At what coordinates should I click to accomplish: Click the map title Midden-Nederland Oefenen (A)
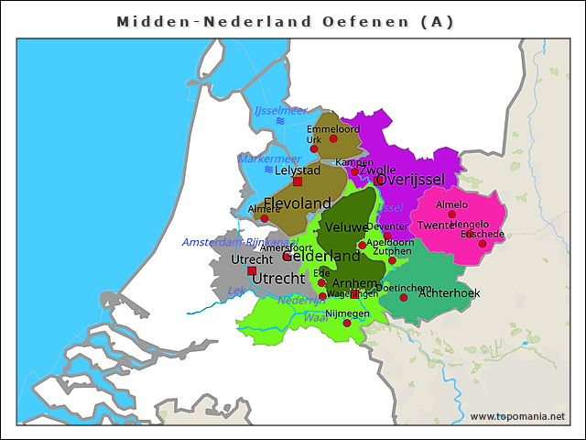286,21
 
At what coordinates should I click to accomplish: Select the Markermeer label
268,159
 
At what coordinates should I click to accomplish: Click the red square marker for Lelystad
298,181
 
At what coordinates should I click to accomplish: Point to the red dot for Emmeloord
333,138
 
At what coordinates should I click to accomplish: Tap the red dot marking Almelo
451,214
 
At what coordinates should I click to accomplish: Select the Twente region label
436,225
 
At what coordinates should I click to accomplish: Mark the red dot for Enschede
483,243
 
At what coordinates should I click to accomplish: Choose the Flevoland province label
297,203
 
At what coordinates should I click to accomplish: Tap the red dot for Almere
265,218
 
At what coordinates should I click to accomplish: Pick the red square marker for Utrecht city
252,270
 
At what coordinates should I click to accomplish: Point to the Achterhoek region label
449,293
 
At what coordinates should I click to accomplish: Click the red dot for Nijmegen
347,323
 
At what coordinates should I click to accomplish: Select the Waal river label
315,317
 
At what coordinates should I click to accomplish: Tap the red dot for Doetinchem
404,297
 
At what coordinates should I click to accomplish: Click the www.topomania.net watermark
517,416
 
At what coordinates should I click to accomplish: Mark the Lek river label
235,291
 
